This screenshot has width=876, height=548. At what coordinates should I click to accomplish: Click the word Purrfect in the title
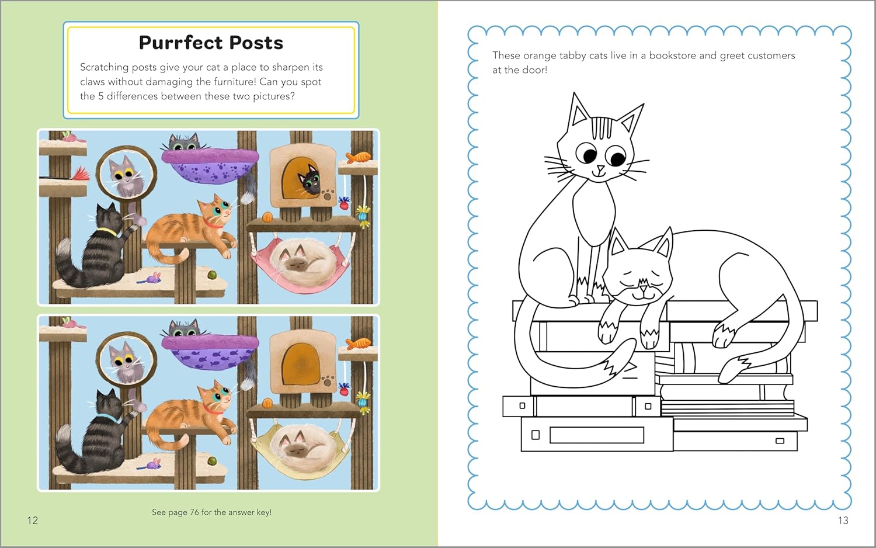pyautogui.click(x=181, y=43)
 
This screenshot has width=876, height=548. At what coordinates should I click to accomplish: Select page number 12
pyautogui.click(x=33, y=520)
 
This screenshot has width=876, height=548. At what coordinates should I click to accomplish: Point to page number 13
pyautogui.click(x=843, y=520)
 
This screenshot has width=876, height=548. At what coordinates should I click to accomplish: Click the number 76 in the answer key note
pyautogui.click(x=194, y=512)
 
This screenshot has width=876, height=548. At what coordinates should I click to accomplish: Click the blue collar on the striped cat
pyautogui.click(x=107, y=417)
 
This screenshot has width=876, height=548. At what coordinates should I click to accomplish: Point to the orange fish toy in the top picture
pyautogui.click(x=359, y=157)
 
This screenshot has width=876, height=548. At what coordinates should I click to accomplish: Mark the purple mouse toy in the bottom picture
pyautogui.click(x=154, y=464)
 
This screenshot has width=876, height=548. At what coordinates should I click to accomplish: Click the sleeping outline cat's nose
pyautogui.click(x=643, y=288)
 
